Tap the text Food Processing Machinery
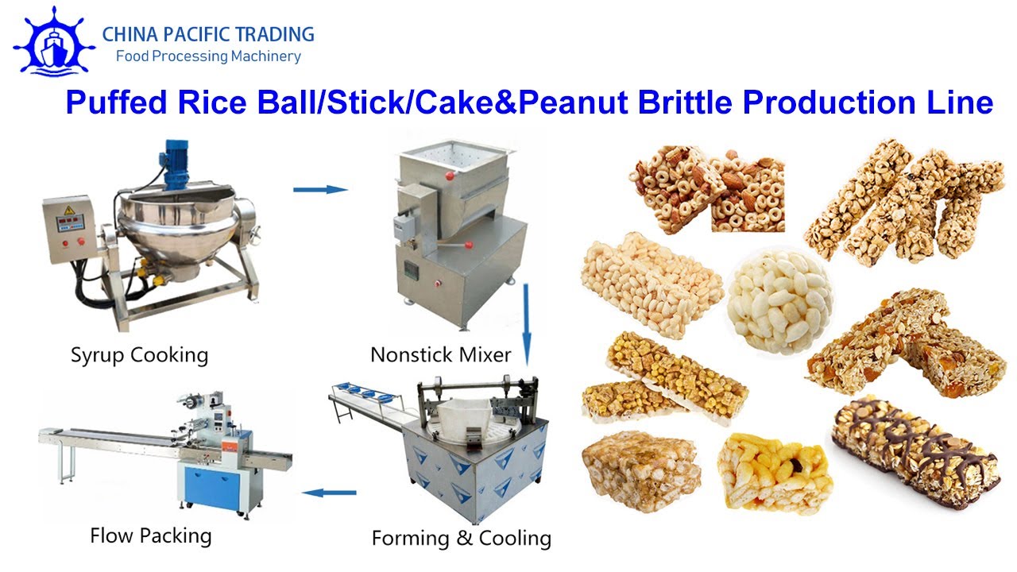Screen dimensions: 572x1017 coord(208,56)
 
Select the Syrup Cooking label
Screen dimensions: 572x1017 coord(139,354)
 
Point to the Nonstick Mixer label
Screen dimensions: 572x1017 coord(441,354)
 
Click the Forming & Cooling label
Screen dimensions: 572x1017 coord(461,538)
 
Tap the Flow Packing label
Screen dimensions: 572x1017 coord(151,535)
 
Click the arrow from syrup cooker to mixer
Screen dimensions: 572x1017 coord(320,189)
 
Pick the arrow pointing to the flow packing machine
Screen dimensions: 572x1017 coord(329,493)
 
